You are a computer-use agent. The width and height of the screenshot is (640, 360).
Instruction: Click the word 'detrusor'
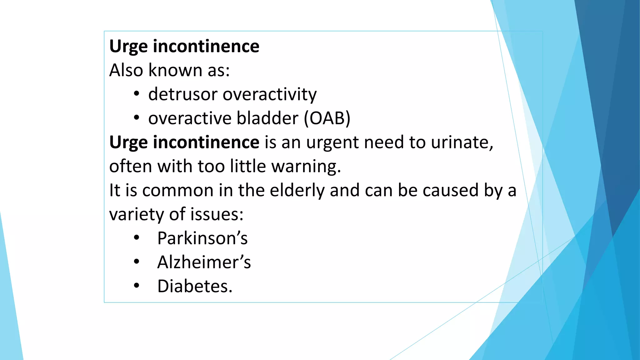coord(182,94)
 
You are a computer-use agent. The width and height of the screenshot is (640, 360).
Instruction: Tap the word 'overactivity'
coord(269,95)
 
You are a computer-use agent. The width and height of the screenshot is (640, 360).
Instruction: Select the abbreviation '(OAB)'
coord(327,118)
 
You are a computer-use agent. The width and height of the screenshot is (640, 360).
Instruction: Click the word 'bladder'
coord(267,118)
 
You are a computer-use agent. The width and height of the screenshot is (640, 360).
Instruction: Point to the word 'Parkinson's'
coord(202,238)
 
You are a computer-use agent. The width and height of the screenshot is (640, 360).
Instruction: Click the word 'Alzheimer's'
coord(204,262)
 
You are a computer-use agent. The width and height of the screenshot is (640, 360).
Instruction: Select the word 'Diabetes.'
coord(195,286)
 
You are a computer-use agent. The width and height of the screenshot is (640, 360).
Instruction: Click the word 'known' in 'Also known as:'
coord(175,70)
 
